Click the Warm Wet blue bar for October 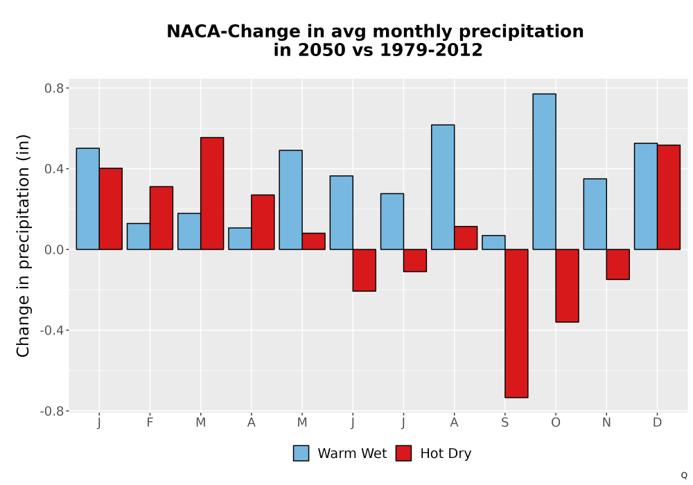click(x=544, y=171)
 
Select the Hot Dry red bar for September click(x=516, y=324)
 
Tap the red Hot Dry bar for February click(x=161, y=218)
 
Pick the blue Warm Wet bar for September click(x=493, y=242)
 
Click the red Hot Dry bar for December click(x=669, y=197)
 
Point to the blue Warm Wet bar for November click(x=595, y=214)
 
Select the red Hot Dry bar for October click(x=567, y=285)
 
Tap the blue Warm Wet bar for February click(x=139, y=236)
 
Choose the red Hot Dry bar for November click(x=618, y=264)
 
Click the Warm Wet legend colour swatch click(x=301, y=453)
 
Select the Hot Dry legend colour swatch click(x=403, y=453)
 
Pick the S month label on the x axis click(x=505, y=423)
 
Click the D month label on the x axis click(x=657, y=423)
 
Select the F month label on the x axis click(x=150, y=423)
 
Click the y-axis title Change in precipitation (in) click(x=23, y=245)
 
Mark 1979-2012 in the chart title click(x=431, y=50)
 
